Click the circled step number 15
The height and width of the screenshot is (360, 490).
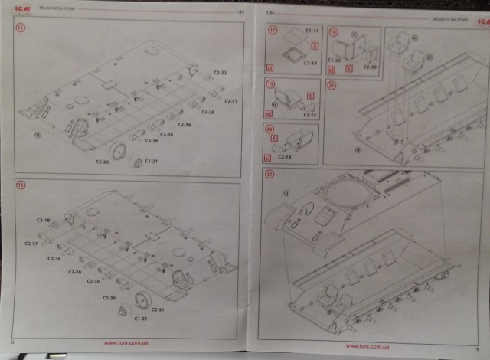tap(21, 28)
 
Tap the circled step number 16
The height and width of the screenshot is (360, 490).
tap(21, 185)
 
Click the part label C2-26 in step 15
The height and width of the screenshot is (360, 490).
tap(102, 161)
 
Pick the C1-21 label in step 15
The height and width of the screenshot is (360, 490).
tap(151, 161)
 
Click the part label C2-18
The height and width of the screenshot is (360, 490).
tap(43, 221)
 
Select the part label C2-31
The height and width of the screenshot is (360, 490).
tap(158, 309)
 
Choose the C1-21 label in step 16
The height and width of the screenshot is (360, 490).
tap(141, 317)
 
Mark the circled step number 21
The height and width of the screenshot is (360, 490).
tap(332, 86)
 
